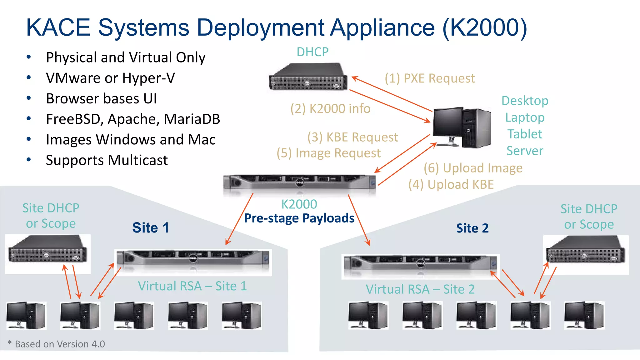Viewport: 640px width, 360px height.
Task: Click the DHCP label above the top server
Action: tap(312, 52)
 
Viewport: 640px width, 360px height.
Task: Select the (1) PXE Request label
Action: tap(430, 78)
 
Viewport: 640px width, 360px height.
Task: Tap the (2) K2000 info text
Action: tap(330, 109)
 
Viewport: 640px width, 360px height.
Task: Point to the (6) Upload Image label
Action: tap(473, 168)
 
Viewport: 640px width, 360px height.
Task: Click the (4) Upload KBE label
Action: tap(451, 184)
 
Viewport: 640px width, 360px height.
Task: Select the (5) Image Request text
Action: tap(329, 153)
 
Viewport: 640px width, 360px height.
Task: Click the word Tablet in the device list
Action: tap(525, 134)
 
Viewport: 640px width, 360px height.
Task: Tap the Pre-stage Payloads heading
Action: tap(299, 218)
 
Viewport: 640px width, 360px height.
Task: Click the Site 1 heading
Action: tap(151, 228)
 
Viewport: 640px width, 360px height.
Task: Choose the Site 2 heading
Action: tap(472, 228)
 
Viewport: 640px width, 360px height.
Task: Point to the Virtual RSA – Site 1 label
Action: tap(192, 286)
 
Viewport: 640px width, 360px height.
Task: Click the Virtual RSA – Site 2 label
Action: tap(420, 289)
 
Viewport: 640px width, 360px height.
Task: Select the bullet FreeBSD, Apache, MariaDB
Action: tap(133, 119)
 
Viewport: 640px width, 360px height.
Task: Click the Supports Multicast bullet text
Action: tap(107, 160)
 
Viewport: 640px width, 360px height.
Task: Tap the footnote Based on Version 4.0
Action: tap(59, 344)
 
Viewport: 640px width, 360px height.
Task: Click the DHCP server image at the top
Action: tap(308, 77)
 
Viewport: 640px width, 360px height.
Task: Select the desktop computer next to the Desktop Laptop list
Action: tap(461, 127)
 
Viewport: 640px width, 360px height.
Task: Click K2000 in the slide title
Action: tap(484, 27)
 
